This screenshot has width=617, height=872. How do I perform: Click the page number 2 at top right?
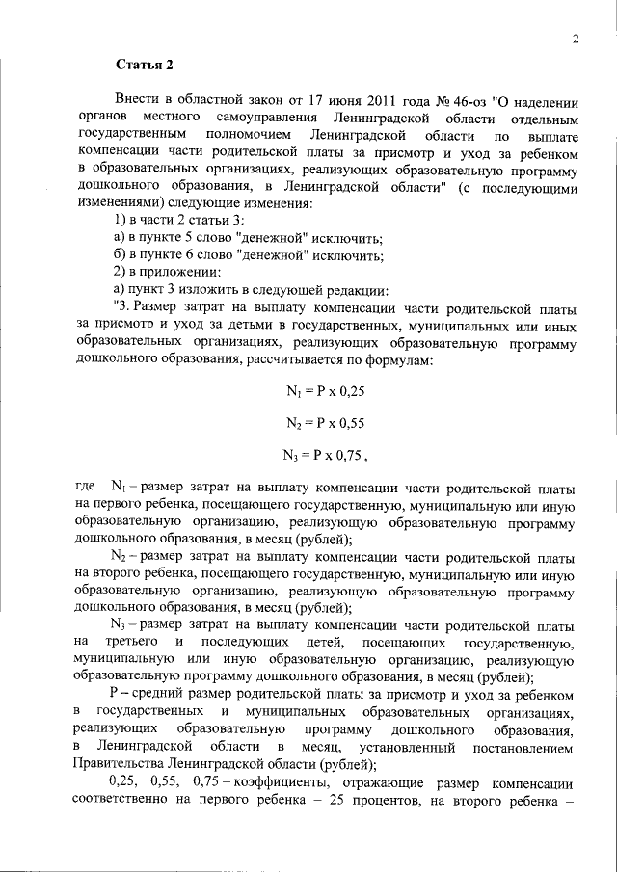[575, 39]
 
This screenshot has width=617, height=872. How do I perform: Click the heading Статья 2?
[145, 66]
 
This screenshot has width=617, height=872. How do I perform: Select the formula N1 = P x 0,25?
[325, 391]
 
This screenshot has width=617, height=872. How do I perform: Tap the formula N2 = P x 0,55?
[325, 422]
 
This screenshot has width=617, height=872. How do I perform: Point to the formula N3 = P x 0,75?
[325, 454]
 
